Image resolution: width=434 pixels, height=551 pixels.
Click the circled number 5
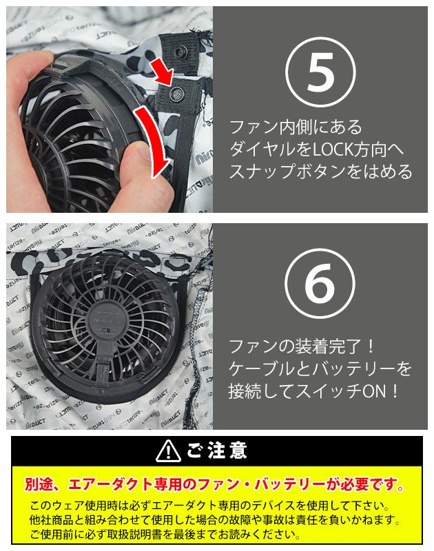(320, 72)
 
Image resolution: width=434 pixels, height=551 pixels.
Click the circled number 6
(320, 284)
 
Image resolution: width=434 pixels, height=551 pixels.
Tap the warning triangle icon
(168, 451)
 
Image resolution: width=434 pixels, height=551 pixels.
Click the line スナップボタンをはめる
(320, 171)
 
